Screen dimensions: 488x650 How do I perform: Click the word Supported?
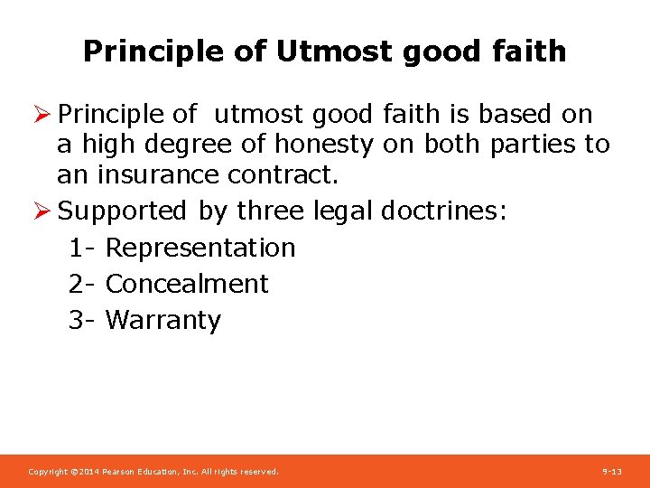click(122, 211)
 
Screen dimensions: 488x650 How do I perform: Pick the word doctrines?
click(445, 211)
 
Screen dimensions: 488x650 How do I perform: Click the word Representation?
click(200, 248)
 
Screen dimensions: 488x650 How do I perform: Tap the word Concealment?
click(187, 284)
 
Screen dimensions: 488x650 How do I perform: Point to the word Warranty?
click(162, 320)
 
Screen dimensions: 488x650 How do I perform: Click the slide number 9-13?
click(612, 472)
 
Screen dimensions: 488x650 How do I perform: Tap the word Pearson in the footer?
click(120, 472)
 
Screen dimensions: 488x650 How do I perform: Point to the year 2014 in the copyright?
click(88, 472)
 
